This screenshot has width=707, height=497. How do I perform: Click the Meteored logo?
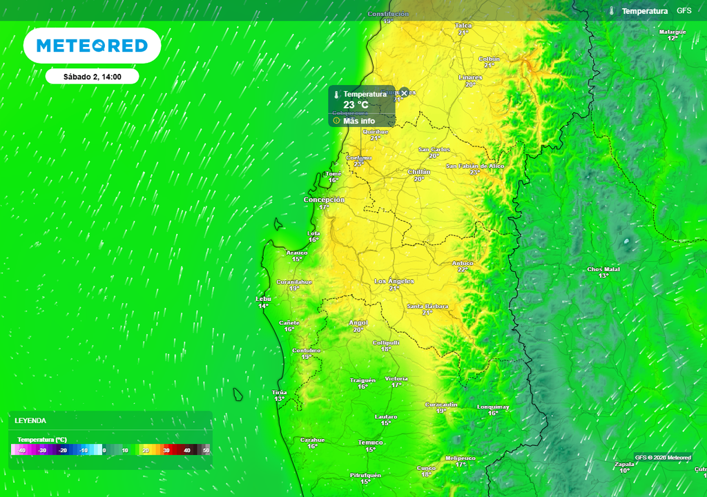click(x=92, y=46)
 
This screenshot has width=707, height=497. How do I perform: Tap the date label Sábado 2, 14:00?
click(x=92, y=77)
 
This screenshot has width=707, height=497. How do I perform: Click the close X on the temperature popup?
click(x=405, y=92)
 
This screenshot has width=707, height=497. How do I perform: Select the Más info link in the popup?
click(x=358, y=121)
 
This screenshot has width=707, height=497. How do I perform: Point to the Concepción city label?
click(x=324, y=200)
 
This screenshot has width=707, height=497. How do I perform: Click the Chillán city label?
click(x=419, y=171)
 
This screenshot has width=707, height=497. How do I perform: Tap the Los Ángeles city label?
click(x=394, y=281)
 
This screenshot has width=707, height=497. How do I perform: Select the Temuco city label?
click(x=371, y=442)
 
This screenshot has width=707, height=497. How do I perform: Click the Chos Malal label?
click(x=603, y=269)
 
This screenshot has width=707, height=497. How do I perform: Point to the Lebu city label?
click(x=264, y=299)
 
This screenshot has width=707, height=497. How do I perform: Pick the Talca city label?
click(x=463, y=26)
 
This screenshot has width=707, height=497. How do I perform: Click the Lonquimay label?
click(x=493, y=407)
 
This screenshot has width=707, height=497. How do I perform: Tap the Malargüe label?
click(x=672, y=32)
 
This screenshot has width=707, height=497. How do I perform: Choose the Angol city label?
click(x=358, y=322)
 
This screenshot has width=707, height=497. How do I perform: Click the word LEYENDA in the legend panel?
click(x=30, y=420)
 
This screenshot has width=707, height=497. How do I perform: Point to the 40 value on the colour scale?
click(x=186, y=450)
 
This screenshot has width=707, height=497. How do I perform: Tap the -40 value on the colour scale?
click(x=22, y=450)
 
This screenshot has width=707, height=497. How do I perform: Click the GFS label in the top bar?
click(x=684, y=11)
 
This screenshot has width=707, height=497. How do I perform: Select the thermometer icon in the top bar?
click(x=612, y=11)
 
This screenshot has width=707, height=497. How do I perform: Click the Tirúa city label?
click(x=280, y=392)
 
